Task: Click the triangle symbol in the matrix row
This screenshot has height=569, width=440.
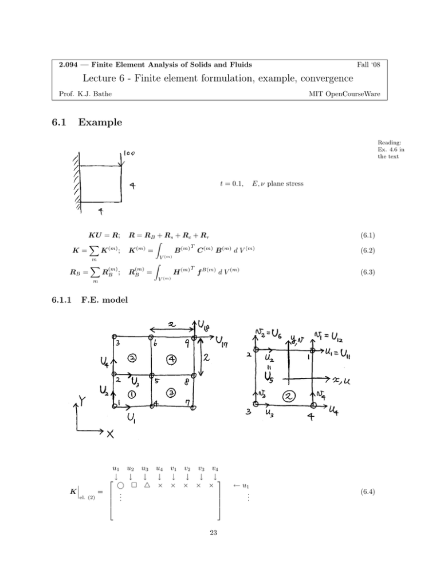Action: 146,485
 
